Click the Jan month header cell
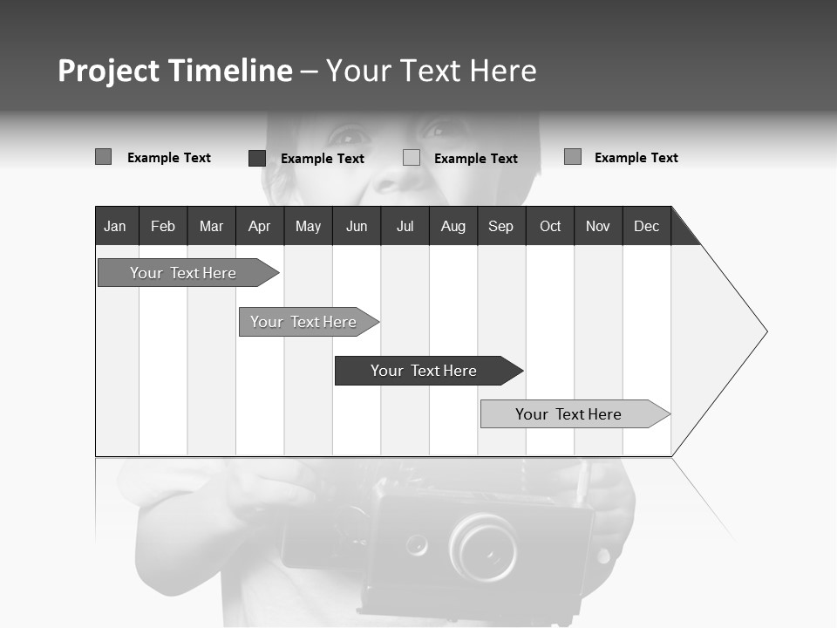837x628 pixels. (x=115, y=226)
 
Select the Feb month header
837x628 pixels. (x=163, y=226)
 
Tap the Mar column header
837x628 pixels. (x=211, y=226)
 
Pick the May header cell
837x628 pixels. (x=308, y=226)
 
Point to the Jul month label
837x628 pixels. (x=405, y=226)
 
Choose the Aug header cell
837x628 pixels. (x=453, y=226)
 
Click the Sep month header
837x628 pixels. (x=501, y=226)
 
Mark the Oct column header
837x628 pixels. (x=550, y=226)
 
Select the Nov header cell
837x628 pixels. (x=598, y=226)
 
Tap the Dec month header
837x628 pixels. (x=647, y=226)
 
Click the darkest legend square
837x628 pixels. (x=257, y=158)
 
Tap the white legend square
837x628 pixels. (x=412, y=158)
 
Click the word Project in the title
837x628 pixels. (x=108, y=71)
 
